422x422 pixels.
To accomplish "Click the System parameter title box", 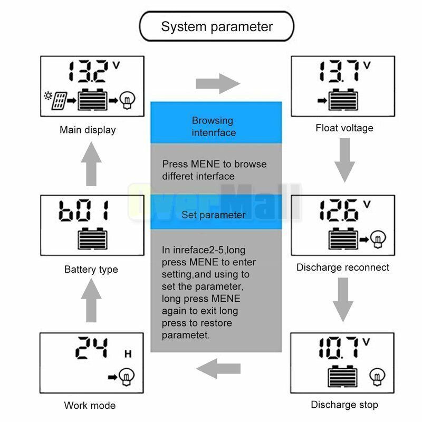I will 217,27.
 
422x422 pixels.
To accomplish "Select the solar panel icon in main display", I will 59,100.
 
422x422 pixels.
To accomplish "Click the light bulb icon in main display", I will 127,99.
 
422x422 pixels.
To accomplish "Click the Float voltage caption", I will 344,128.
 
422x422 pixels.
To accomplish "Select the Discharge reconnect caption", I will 343,267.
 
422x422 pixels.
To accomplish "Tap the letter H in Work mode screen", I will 127,354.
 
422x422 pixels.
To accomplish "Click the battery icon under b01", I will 92,238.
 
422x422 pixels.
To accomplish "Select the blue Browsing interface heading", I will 216,127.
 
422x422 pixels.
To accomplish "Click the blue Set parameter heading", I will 216,215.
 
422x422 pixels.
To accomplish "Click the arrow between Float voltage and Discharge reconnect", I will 345,159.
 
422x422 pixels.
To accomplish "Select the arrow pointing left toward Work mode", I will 217,367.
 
